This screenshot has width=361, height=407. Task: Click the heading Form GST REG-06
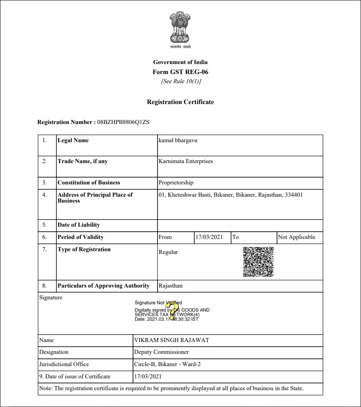(x=180, y=72)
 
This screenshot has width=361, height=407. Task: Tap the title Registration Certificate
(x=180, y=102)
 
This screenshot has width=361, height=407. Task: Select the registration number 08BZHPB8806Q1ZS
(x=124, y=122)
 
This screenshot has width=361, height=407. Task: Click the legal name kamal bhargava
(x=178, y=140)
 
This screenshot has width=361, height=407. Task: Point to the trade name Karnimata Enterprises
(x=185, y=161)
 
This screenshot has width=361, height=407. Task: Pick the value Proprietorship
(x=176, y=183)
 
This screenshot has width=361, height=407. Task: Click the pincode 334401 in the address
(x=293, y=195)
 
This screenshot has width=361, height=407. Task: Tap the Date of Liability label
(x=79, y=225)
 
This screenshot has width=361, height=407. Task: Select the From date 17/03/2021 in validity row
(x=209, y=237)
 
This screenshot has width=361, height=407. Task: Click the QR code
(x=258, y=262)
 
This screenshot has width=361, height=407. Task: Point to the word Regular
(x=168, y=252)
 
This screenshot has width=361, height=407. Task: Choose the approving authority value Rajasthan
(x=170, y=286)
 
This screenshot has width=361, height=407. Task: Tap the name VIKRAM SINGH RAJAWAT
(x=171, y=340)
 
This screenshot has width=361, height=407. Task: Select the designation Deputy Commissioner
(x=161, y=352)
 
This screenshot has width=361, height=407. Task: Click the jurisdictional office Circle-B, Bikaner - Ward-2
(x=170, y=364)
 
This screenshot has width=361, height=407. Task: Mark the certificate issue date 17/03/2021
(x=148, y=377)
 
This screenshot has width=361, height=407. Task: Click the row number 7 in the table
(x=45, y=249)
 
